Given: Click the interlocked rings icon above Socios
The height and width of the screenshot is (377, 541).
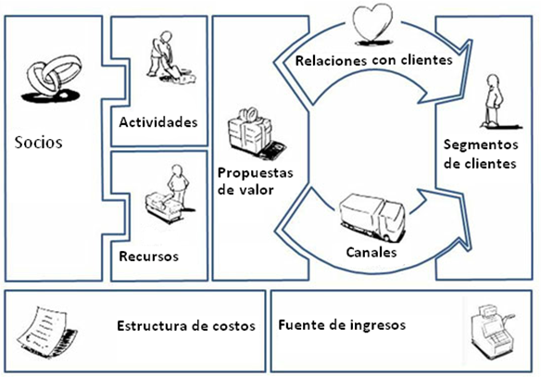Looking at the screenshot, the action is click(51, 78).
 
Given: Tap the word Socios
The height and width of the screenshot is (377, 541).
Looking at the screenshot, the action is click(38, 143).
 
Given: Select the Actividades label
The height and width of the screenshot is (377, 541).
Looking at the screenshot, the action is click(158, 122).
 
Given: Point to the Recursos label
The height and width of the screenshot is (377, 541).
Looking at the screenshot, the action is click(149, 257).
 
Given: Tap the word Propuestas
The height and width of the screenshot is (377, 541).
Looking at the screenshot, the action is click(256, 173).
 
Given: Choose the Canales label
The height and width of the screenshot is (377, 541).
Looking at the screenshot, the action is click(371, 253).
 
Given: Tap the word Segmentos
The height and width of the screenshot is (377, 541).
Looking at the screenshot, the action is click(481, 145).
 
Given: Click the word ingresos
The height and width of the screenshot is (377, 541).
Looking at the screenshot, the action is click(378, 325).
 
